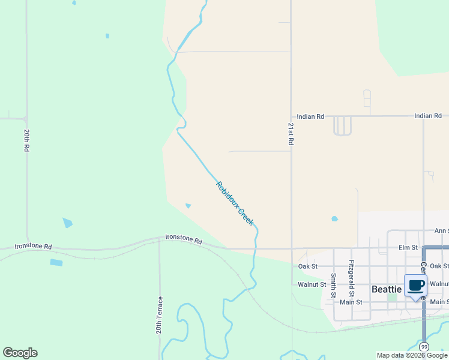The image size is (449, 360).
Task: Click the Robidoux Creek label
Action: tap(235, 203)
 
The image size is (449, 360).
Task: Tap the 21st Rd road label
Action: tap(291, 134)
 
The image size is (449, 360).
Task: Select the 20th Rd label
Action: tap(27, 139)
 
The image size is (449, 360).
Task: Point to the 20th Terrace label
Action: tap(160, 314)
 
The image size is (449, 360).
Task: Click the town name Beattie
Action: tap(387, 289)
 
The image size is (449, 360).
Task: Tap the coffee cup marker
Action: tap(415, 285)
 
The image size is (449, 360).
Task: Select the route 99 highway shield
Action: tap(424, 347)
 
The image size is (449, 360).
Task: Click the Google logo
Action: tap(20, 353)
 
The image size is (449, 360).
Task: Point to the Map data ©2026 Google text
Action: tap(412, 355)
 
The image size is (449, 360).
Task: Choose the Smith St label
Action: tap(333, 285)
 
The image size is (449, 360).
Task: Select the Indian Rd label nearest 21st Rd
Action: tap(311, 116)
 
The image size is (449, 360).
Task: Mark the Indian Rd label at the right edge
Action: tap(428, 116)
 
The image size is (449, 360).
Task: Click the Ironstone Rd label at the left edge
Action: tap(33, 246)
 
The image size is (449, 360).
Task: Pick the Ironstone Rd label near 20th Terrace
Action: tap(184, 239)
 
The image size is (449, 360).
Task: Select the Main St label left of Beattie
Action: tap(352, 302)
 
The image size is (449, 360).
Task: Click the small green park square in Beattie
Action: tap(393, 298)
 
